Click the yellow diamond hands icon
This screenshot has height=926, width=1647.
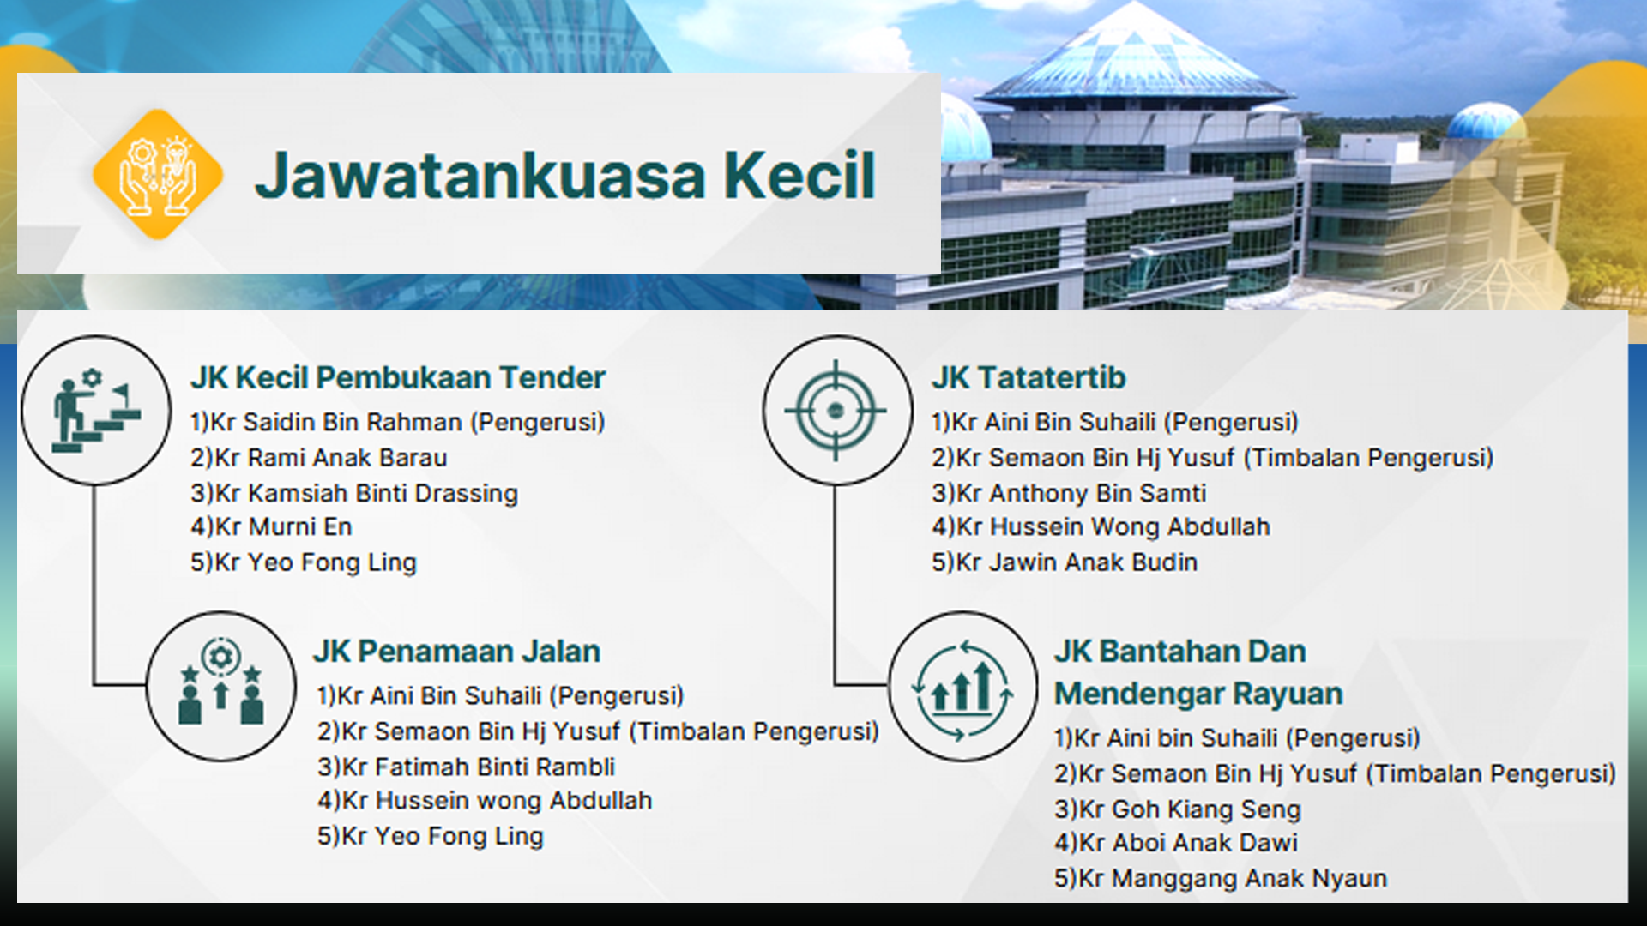pyautogui.click(x=158, y=174)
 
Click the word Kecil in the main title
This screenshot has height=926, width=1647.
pyautogui.click(x=799, y=176)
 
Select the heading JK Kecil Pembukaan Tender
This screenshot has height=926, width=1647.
pyautogui.click(x=398, y=377)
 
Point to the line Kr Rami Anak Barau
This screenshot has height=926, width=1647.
pyautogui.click(x=319, y=458)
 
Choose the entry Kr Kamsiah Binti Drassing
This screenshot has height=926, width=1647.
pyautogui.click(x=354, y=493)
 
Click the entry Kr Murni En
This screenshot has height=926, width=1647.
pyautogui.click(x=271, y=526)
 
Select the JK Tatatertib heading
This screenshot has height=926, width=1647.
pyautogui.click(x=1029, y=377)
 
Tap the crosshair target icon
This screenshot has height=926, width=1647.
pyautogui.click(x=836, y=411)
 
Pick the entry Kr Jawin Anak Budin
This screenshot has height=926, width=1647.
pyautogui.click(x=1065, y=562)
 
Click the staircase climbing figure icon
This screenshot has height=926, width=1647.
pyautogui.click(x=95, y=411)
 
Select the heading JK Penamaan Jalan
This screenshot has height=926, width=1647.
pyautogui.click(x=456, y=652)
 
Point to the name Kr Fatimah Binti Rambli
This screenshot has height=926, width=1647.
pyautogui.click(x=466, y=767)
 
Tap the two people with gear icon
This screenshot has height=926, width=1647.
pyautogui.click(x=221, y=686)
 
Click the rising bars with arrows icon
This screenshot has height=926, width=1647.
pyautogui.click(x=962, y=686)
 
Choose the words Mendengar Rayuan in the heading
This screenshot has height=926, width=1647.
pyautogui.click(x=1198, y=694)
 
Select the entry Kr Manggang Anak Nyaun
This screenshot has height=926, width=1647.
pyautogui.click(x=1221, y=878)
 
